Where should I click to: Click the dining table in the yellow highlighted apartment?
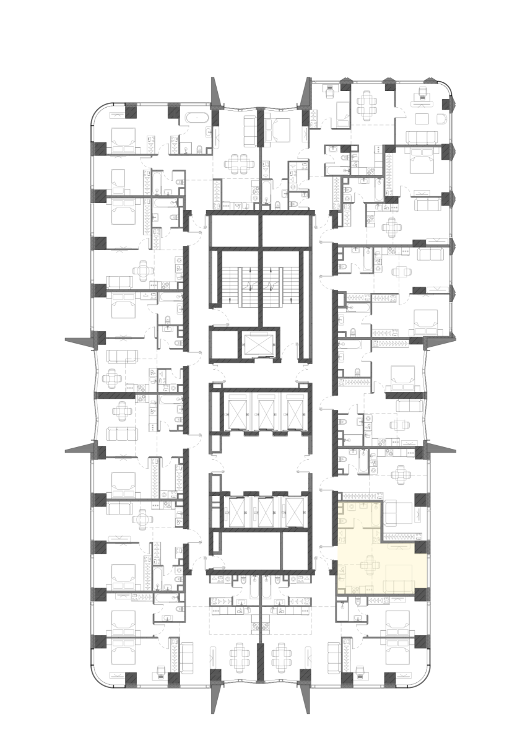[x=371, y=565]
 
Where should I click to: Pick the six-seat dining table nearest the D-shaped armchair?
[x=368, y=105]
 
